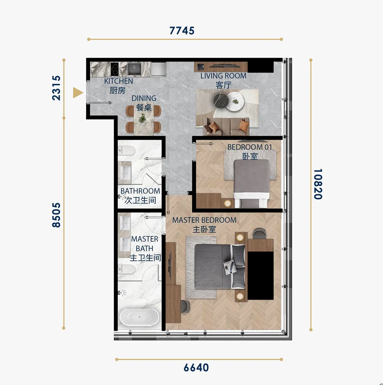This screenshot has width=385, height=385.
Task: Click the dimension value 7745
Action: coord(182,31)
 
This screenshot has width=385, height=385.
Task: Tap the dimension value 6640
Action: coord(196,368)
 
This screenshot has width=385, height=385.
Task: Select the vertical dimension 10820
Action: coord(318,184)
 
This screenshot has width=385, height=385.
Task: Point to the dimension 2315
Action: coord(56,88)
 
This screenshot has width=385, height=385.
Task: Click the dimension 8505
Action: coord(56,215)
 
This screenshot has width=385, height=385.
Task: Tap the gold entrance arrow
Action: coord(78,93)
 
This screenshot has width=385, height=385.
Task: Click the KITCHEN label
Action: coord(119,81)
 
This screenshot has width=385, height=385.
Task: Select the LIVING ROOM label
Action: coord(223,76)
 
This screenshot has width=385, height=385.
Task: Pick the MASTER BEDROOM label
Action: coord(204,220)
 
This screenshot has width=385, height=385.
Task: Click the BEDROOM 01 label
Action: coord(250,147)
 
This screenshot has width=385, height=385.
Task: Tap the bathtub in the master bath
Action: coord(139,317)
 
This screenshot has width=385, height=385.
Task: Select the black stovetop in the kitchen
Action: coord(115,69)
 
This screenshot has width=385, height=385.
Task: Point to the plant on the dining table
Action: coord(142,118)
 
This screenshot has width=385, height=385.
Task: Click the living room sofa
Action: coord(226,126)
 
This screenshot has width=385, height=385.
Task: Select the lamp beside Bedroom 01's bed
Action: coord(228,203)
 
